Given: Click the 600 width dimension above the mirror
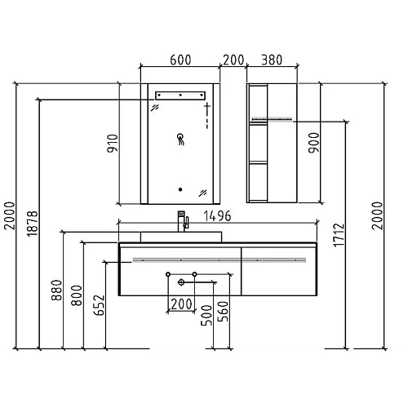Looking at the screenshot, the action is pyautogui.click(x=180, y=60).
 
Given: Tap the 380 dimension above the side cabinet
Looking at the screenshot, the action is pyautogui.click(x=272, y=60).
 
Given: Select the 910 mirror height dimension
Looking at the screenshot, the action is pyautogui.click(x=113, y=144).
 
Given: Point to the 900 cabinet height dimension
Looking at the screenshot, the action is pyautogui.click(x=314, y=143).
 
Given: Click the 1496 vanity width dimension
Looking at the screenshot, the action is pyautogui.click(x=218, y=216).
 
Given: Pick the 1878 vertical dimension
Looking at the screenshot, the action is pyautogui.click(x=33, y=224).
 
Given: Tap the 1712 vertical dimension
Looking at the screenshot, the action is pyautogui.click(x=339, y=235).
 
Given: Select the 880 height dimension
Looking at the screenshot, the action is pyautogui.click(x=56, y=290).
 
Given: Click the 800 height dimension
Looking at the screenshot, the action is pyautogui.click(x=77, y=295).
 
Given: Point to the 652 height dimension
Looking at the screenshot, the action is pyautogui.click(x=99, y=305).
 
